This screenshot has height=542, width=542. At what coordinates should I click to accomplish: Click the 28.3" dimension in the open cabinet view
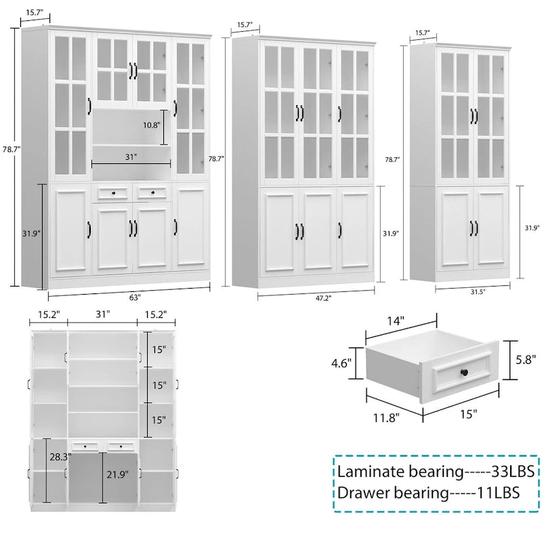pos(60,458)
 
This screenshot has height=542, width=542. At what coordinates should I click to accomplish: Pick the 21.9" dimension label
pos(117,475)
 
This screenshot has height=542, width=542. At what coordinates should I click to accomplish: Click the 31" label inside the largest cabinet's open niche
pos(131,157)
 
